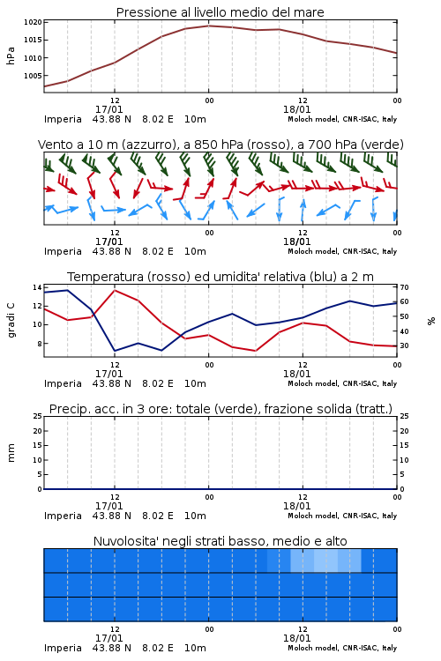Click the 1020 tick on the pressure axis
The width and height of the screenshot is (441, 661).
click(x=33, y=22)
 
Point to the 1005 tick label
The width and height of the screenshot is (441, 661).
click(x=33, y=76)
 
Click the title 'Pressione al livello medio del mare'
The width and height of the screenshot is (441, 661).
click(x=220, y=12)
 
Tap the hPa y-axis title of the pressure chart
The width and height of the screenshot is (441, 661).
click(x=11, y=56)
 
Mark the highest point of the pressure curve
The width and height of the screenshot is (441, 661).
click(x=208, y=26)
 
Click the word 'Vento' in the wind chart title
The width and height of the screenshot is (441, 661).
click(x=52, y=145)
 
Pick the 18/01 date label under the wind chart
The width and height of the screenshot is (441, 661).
click(x=296, y=241)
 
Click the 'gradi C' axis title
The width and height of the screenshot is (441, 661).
click(x=11, y=320)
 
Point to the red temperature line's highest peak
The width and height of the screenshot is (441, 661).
click(x=115, y=290)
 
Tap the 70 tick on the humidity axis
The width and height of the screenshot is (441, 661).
click(x=404, y=287)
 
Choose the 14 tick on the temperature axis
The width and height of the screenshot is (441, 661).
click(x=37, y=287)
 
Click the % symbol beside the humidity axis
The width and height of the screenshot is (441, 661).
click(x=431, y=321)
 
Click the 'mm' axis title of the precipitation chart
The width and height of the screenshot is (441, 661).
click(x=11, y=453)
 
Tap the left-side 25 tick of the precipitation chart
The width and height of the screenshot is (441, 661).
click(x=37, y=417)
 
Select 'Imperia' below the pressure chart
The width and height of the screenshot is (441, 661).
click(x=63, y=119)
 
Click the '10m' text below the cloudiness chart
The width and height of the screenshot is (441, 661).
click(x=195, y=648)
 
